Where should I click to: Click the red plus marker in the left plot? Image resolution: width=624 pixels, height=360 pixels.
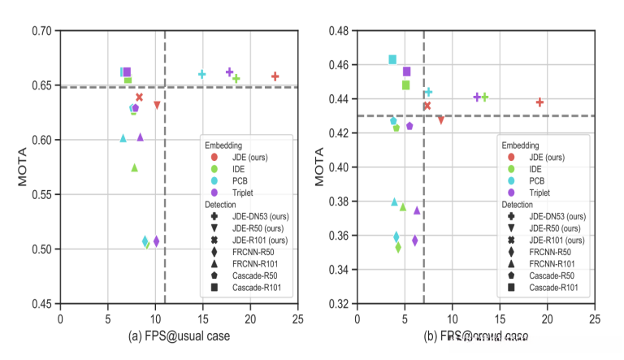tap(275, 76)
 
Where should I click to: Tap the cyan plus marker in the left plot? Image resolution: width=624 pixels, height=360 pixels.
tap(201, 74)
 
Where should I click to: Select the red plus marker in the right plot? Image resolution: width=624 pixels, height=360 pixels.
tap(539, 102)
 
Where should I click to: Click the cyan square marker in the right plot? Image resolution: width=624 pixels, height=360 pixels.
tap(392, 59)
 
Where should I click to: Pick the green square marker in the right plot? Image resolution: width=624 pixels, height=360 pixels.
tap(405, 85)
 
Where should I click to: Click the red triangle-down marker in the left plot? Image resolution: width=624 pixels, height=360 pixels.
tap(157, 105)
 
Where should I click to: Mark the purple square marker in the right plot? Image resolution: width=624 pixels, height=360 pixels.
tap(407, 72)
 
